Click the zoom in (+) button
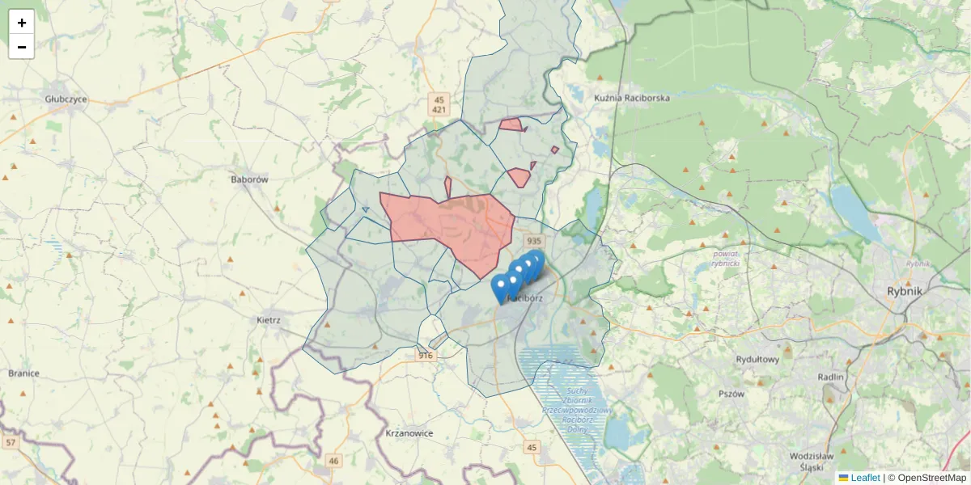(22, 23)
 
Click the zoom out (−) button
(22, 47)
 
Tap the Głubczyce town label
(66, 99)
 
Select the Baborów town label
(249, 179)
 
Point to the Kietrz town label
(268, 320)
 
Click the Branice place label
(23, 373)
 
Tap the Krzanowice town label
(409, 433)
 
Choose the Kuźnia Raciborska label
(632, 98)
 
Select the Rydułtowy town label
(757, 359)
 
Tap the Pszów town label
(731, 394)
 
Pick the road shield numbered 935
(533, 242)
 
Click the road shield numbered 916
(426, 355)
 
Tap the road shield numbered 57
(10, 443)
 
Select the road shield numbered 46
(333, 461)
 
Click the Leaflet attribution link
(864, 478)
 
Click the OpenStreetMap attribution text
(932, 478)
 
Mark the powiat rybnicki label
(726, 258)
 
